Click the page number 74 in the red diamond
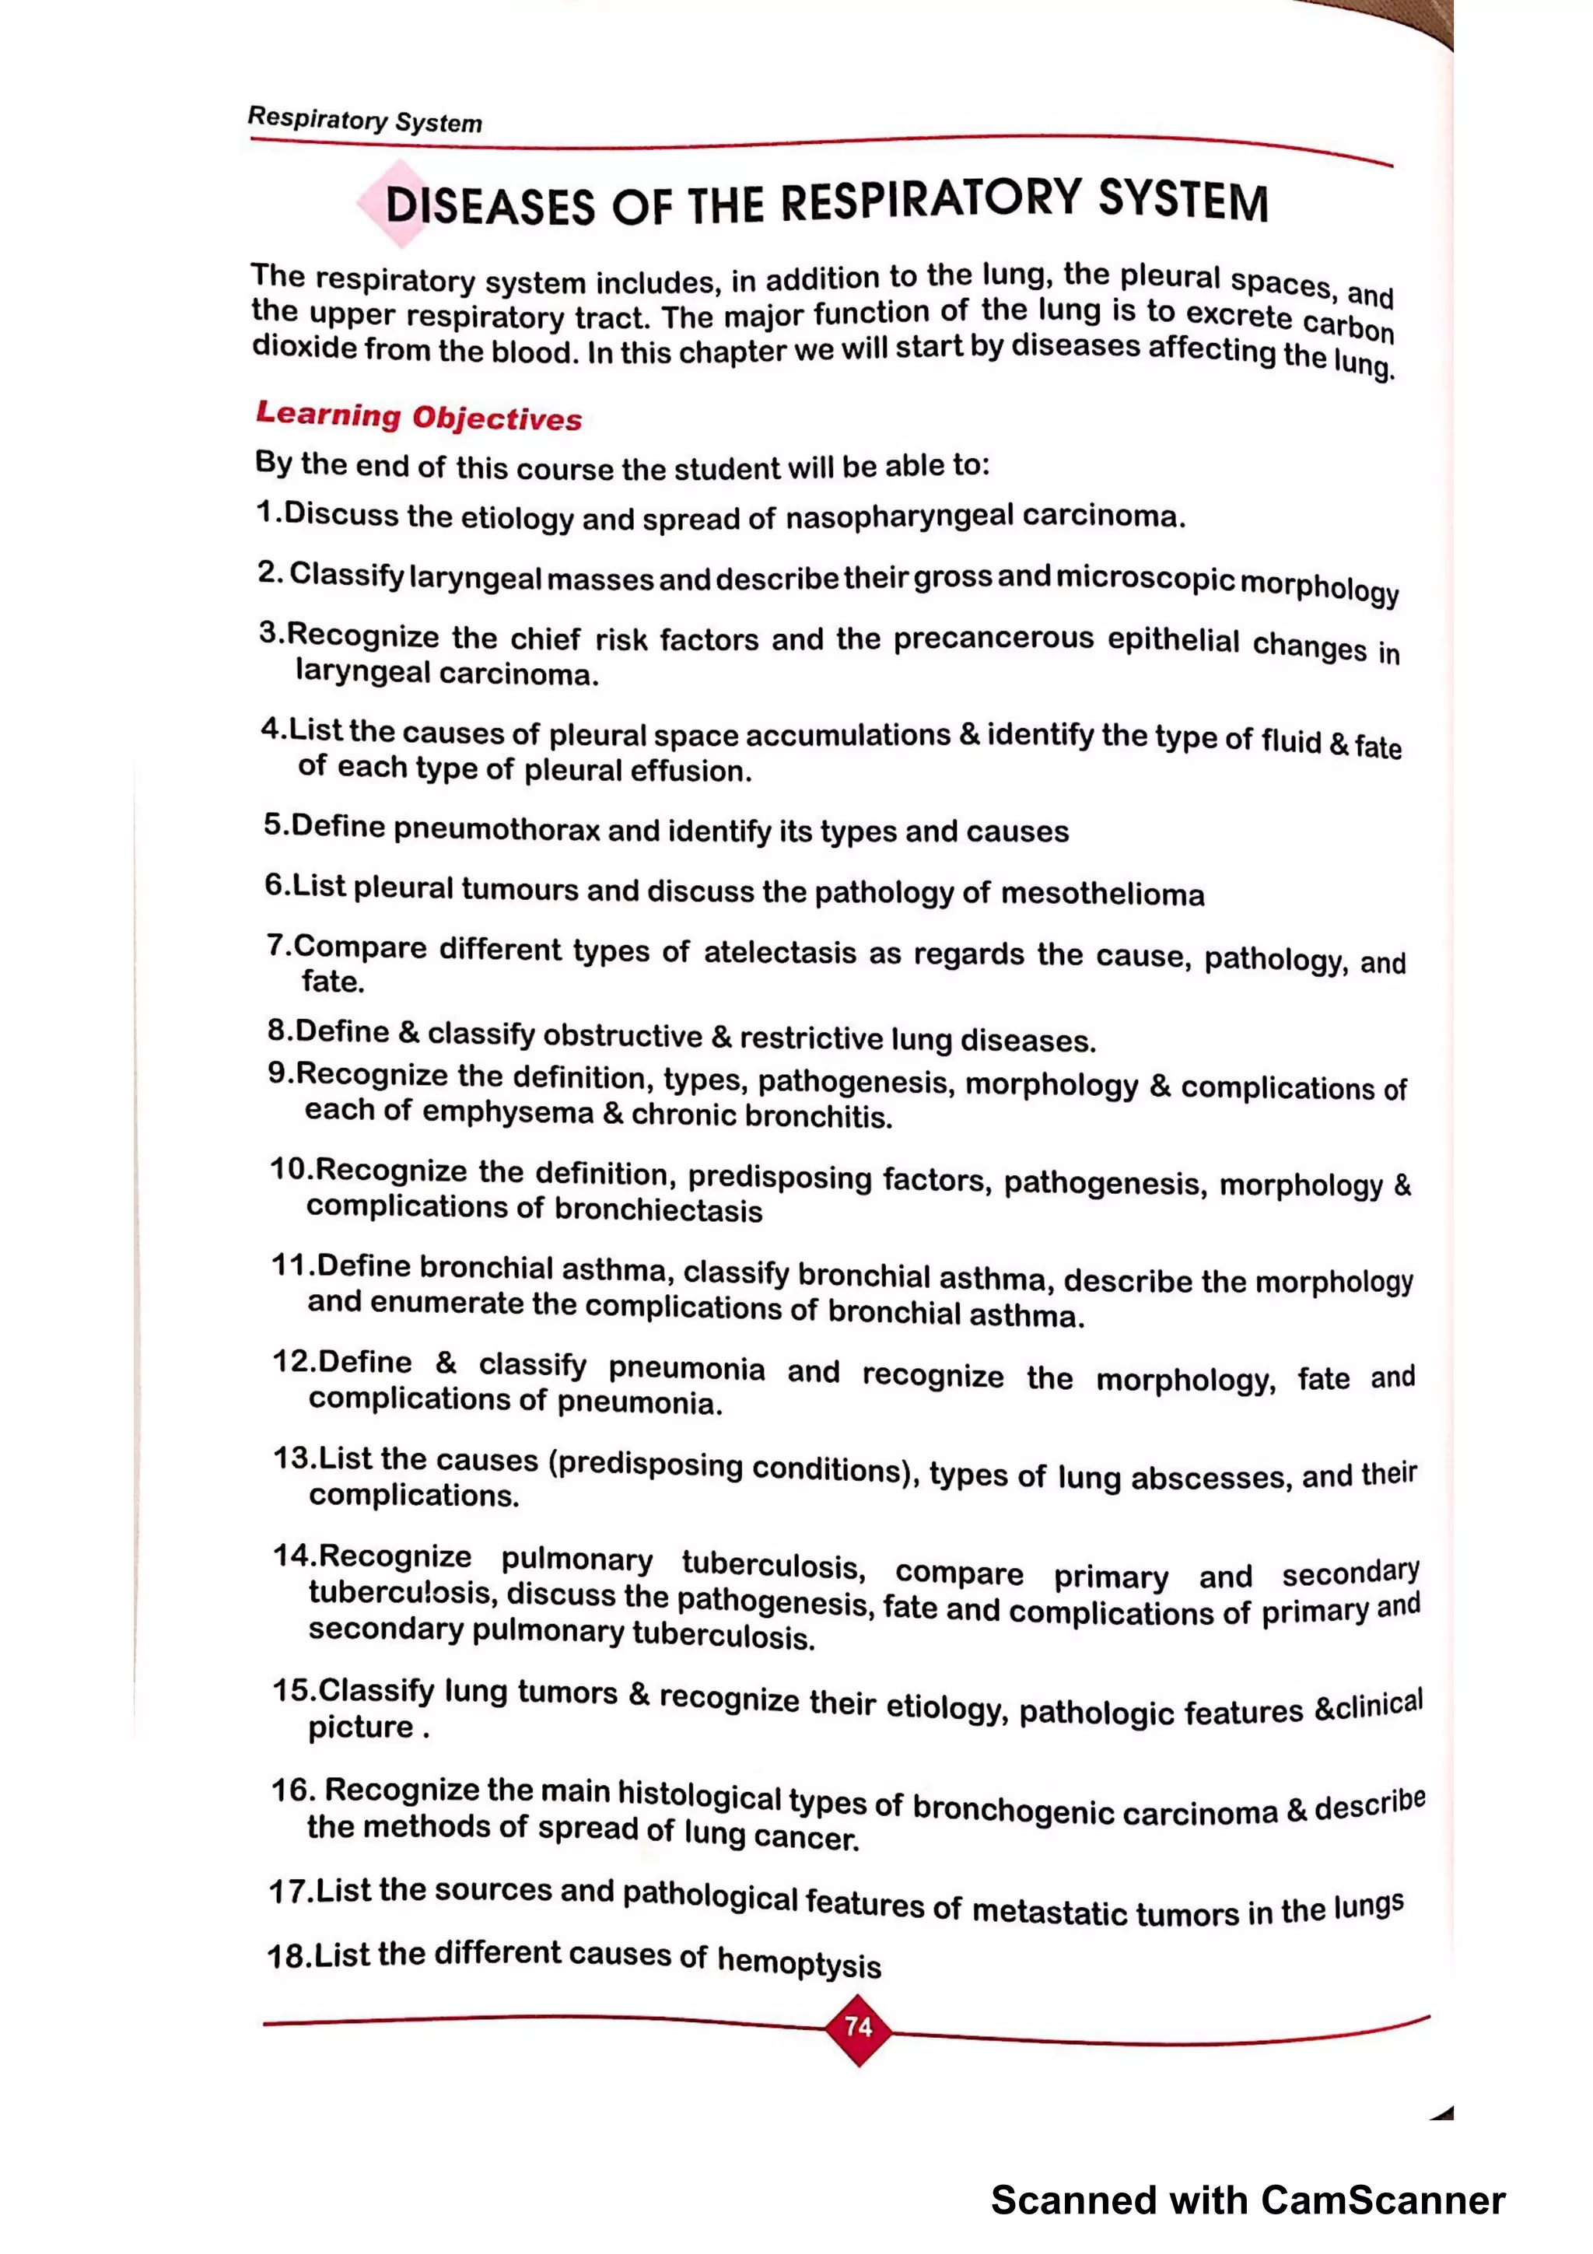pos(858,2026)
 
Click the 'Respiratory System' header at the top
pos(364,120)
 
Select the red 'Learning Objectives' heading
pos(419,416)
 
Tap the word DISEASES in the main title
pos(490,207)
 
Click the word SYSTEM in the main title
pos(1183,199)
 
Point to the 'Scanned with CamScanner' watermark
pos(1248,2200)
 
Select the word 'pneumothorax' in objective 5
pos(497,830)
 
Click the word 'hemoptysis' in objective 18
pos(799,1962)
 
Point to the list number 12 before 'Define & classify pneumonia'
pos(292,1362)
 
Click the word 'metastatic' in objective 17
pos(1049,1911)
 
